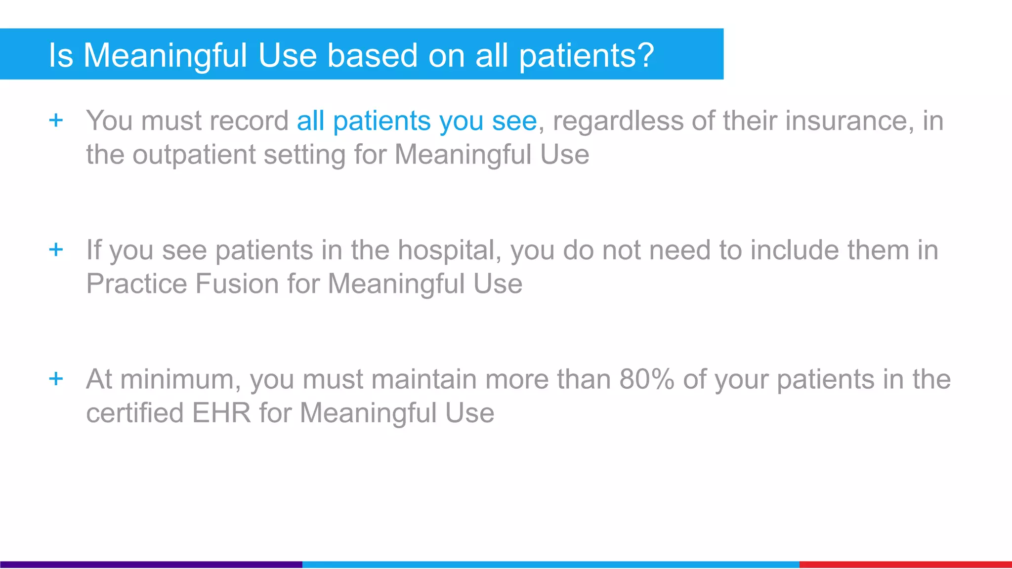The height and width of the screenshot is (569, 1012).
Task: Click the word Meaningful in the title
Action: click(165, 55)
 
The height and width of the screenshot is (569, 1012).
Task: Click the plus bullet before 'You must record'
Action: click(56, 120)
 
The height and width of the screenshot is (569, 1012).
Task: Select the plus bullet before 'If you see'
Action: click(56, 249)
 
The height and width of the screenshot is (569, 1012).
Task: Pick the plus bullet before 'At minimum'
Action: click(56, 379)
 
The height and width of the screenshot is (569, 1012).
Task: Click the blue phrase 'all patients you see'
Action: click(417, 121)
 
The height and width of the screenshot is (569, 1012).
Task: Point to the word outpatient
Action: click(194, 155)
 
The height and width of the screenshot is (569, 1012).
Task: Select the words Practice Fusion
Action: click(183, 284)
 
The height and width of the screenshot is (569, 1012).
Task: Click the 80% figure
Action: click(647, 379)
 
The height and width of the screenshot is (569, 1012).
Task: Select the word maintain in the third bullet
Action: click(424, 380)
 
